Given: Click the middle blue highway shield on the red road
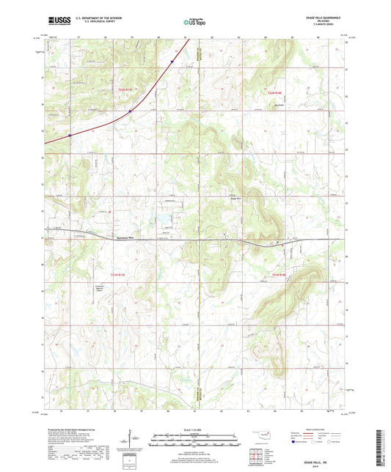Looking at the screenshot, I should [x=130, y=111].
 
